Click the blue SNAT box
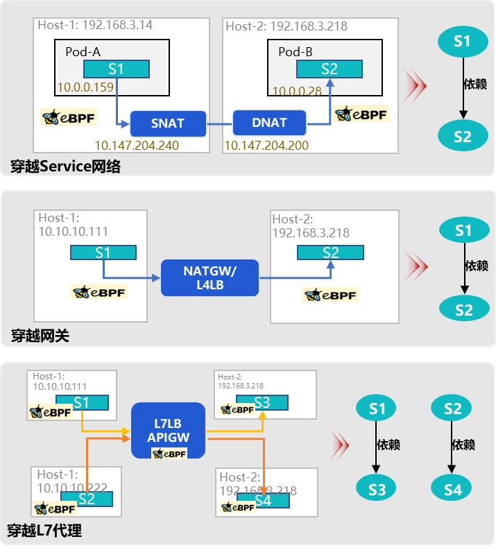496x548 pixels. click(168, 123)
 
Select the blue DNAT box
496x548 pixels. click(269, 123)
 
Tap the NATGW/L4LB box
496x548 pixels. click(209, 277)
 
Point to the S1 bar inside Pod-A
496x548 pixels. click(117, 69)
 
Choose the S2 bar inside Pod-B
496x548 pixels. click(330, 69)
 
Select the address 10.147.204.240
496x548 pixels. click(136, 146)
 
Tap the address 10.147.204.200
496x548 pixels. click(266, 146)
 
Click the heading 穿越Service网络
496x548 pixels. click(65, 166)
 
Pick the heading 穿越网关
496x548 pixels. click(40, 336)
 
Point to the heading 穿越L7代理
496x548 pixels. click(44, 532)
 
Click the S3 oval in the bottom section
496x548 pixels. click(377, 490)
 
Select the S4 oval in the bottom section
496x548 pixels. click(452, 490)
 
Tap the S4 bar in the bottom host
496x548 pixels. click(263, 500)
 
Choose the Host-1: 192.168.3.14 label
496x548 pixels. click(95, 25)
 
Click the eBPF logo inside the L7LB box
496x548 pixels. click(169, 453)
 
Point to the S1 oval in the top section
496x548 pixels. click(463, 41)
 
